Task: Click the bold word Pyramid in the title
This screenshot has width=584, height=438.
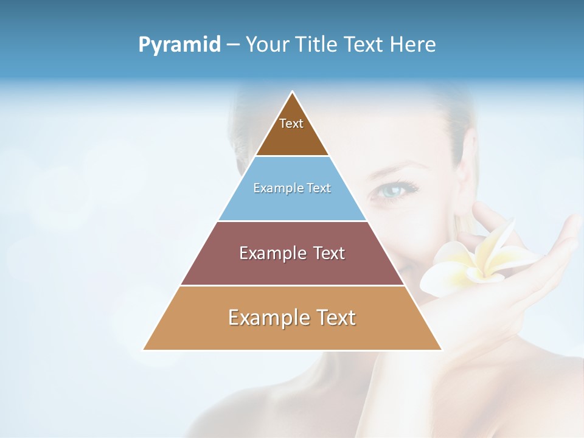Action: tap(179, 45)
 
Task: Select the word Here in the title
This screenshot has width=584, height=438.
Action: tap(413, 45)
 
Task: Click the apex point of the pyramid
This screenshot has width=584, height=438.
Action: tap(293, 92)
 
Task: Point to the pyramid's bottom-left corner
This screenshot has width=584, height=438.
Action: tap(144, 349)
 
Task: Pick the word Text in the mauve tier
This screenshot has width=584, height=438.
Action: tap(326, 253)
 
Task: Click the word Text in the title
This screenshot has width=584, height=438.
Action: tap(363, 45)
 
